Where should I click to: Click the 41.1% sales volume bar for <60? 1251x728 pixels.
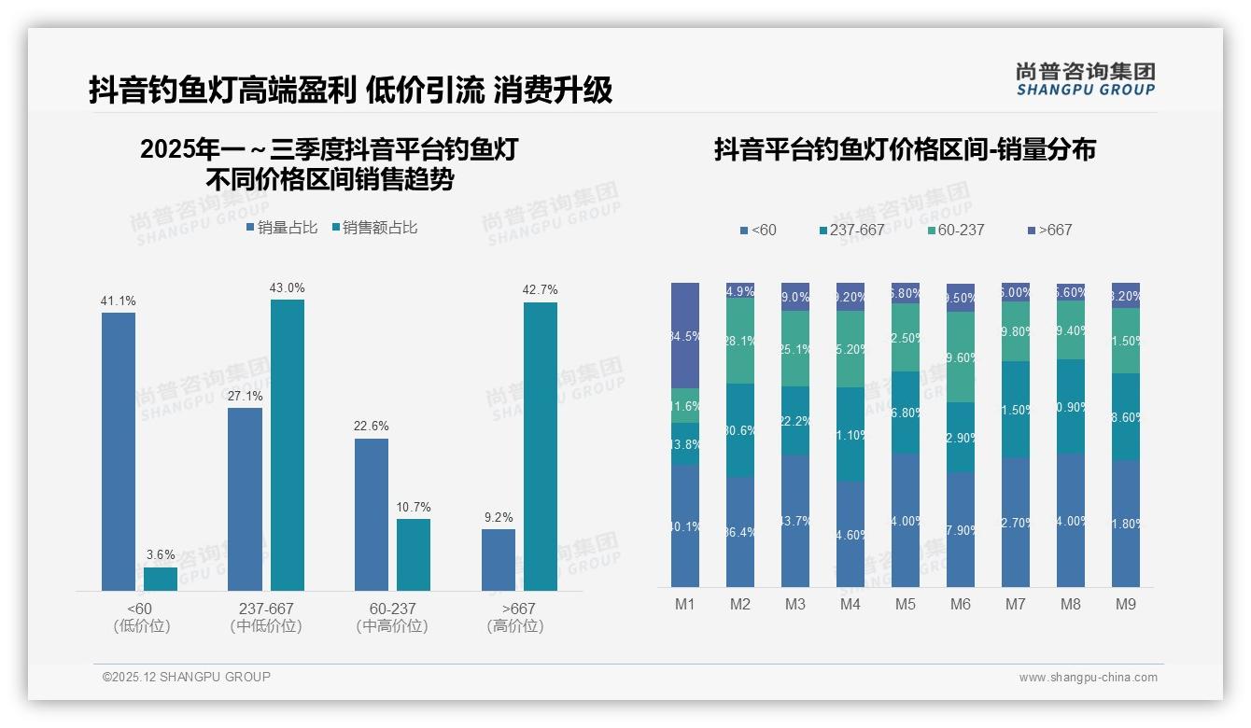pos(119,452)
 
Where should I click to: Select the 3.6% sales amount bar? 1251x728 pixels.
pos(161,579)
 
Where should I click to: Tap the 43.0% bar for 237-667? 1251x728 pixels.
pos(288,445)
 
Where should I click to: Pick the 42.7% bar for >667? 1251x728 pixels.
pos(541,446)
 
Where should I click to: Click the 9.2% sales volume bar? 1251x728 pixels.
pos(499,560)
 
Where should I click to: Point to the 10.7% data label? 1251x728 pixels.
pos(414,508)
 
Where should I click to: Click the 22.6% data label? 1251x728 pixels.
pos(372,427)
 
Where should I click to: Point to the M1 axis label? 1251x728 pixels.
pos(685,605)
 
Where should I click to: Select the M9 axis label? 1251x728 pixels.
pos(1126,605)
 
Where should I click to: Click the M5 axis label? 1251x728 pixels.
pos(906,605)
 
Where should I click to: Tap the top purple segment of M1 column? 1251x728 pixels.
pos(685,335)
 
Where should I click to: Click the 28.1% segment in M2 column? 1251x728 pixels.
pos(740,341)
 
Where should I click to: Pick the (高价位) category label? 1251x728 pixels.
pos(514,626)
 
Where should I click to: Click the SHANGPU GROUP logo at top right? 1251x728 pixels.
pos(1086,79)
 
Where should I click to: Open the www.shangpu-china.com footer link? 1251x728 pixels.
pos(1088,678)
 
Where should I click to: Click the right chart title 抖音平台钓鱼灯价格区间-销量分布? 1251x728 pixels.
pos(905,150)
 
